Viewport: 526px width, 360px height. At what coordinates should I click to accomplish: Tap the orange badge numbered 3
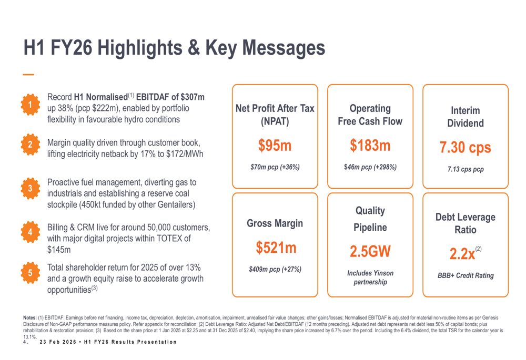pyautogui.click(x=31, y=188)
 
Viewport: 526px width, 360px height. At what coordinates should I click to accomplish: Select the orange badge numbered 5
pyautogui.click(x=31, y=273)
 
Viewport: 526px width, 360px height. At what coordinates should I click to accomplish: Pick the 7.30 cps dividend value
pyautogui.click(x=466, y=148)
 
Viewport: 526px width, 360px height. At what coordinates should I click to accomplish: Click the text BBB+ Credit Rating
pyautogui.click(x=466, y=275)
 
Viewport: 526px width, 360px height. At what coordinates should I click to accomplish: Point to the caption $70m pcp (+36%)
pyautogui.click(x=275, y=168)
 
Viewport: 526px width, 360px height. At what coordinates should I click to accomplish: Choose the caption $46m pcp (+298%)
pyautogui.click(x=370, y=168)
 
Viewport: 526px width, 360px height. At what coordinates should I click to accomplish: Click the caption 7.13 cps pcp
pyautogui.click(x=466, y=170)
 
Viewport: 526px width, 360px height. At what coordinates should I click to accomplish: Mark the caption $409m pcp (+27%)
pyautogui.click(x=275, y=270)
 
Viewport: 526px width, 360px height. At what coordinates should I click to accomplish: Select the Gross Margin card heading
pyautogui.click(x=275, y=223)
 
